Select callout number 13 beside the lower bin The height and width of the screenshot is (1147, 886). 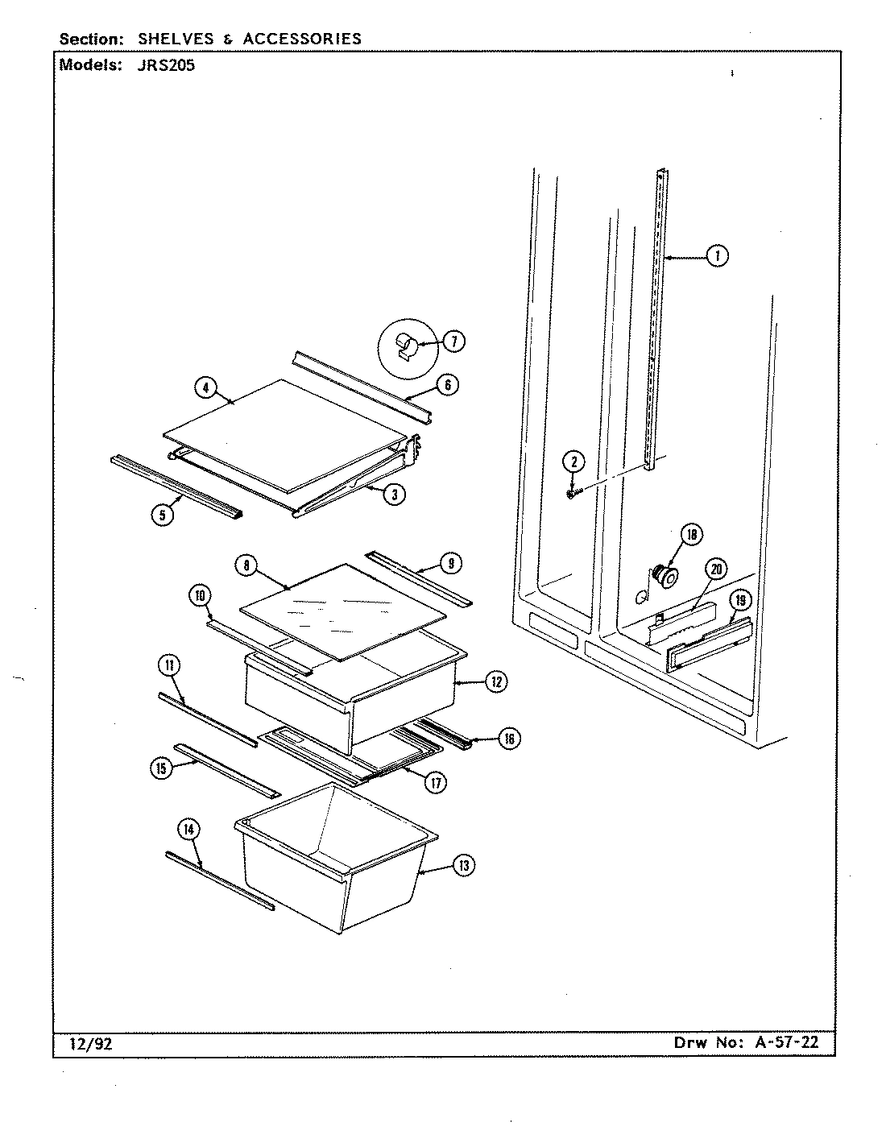pos(462,866)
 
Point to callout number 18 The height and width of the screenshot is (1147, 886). pos(691,534)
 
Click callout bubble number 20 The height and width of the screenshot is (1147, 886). pos(715,570)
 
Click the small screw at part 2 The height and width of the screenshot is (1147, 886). pos(573,494)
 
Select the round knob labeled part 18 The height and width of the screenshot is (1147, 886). pos(666,573)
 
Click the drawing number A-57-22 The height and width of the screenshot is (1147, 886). pos(787,1042)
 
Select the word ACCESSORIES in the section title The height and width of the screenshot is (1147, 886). pos(304,38)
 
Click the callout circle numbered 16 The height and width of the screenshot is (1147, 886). pos(508,739)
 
